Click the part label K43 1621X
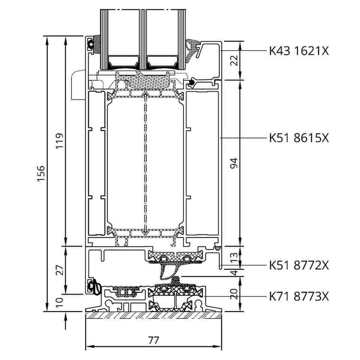coord(299,51)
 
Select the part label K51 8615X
coord(299,138)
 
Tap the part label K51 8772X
coord(299,265)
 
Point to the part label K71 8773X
coord(299,296)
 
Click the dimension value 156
coord(41,173)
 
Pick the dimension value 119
coord(60,141)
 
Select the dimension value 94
coord(234,163)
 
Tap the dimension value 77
coord(154,340)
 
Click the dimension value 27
coord(60,270)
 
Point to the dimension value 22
coord(234,61)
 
